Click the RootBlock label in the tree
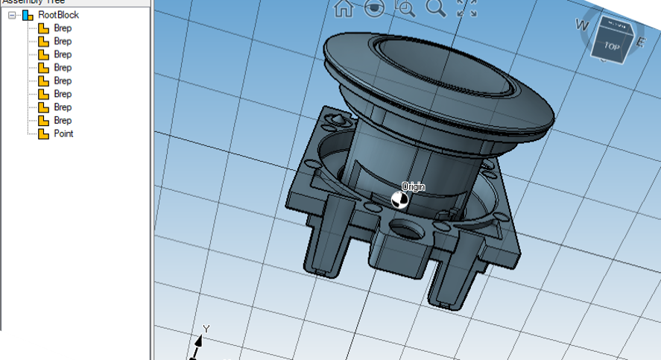coord(58,15)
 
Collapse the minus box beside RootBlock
coord(12,15)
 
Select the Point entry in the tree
coord(63,134)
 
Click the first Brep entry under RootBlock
coord(63,28)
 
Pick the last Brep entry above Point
coord(63,121)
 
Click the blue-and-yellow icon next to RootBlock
coord(28,15)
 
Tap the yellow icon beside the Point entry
coord(43,134)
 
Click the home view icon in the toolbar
coord(344,8)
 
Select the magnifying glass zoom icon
coord(435,8)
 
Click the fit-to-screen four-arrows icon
coord(467,8)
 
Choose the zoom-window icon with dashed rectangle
coord(405,8)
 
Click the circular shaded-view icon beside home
coord(374,8)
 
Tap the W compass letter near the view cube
coord(581,25)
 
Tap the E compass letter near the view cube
coord(639,42)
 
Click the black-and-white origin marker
coord(399,199)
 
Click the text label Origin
coord(413,186)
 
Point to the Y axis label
coord(206,329)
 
